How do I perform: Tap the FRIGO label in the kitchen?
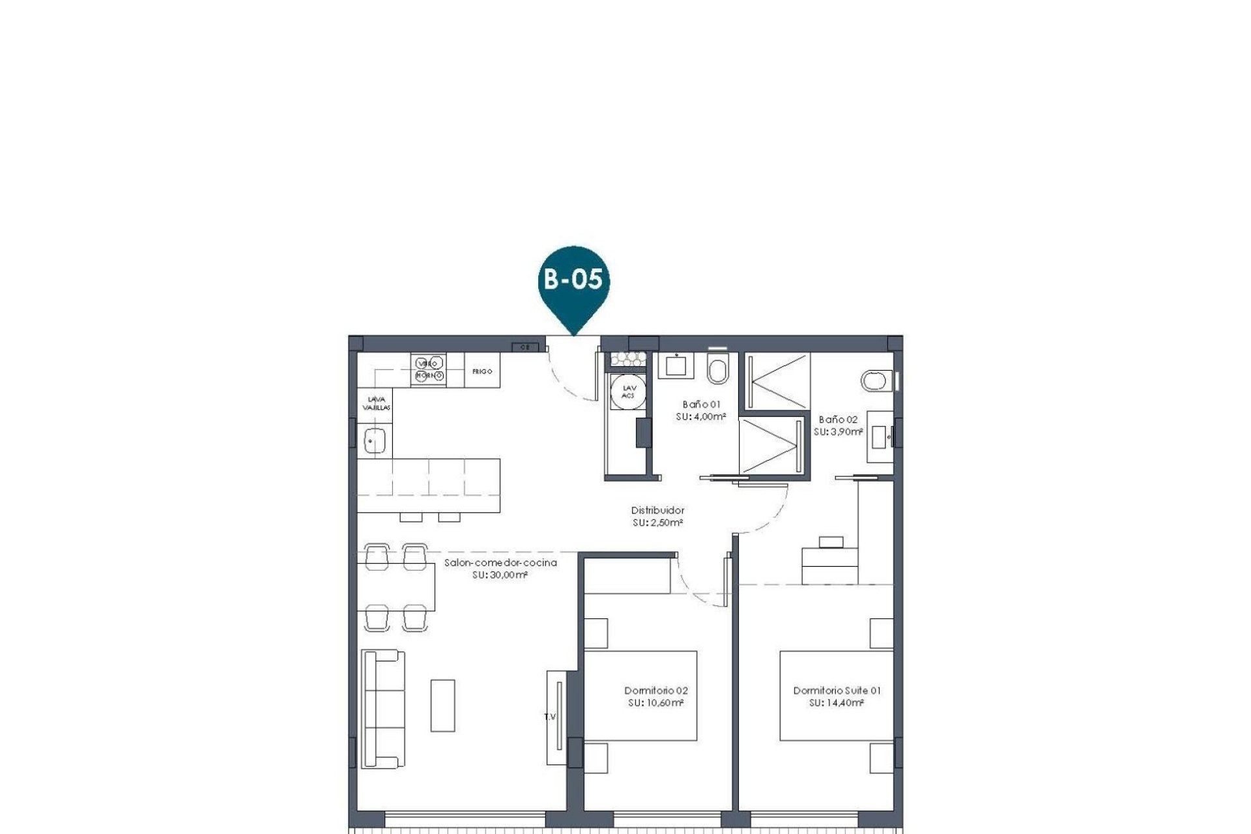[x=482, y=371]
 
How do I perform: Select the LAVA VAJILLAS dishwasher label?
[x=376, y=403]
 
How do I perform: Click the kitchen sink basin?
[x=375, y=441]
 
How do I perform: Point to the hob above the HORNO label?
[x=428, y=363]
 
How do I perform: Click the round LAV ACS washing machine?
[x=628, y=392]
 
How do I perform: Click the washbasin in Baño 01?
[x=675, y=366]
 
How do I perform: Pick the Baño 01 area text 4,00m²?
[x=701, y=416]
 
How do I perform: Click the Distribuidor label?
[x=657, y=511]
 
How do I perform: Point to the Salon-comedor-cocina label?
[x=500, y=562]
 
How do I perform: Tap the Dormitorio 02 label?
[x=655, y=691]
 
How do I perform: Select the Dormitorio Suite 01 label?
[x=837, y=691]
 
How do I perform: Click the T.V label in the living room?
[x=551, y=717]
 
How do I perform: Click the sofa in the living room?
[x=382, y=708]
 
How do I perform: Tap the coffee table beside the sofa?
[x=442, y=706]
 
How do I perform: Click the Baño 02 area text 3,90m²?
[x=839, y=432]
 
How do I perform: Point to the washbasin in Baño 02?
[x=880, y=437]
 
